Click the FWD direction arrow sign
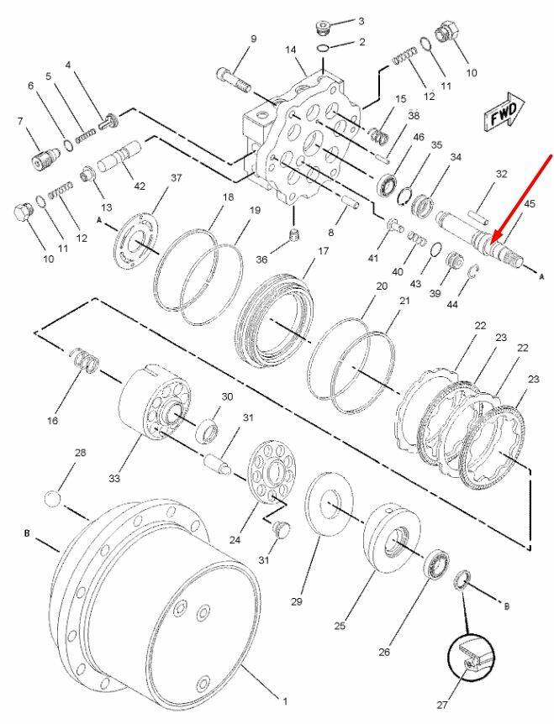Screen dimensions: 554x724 [504, 113]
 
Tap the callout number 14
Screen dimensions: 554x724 [290, 50]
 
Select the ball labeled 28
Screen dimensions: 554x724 [53, 500]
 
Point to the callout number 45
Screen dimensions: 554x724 [530, 203]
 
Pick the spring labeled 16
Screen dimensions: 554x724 [85, 359]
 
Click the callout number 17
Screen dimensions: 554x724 [323, 251]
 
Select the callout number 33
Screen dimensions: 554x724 [114, 479]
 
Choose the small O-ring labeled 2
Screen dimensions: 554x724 [324, 48]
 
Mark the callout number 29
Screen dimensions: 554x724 [296, 601]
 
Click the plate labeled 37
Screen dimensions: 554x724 [137, 240]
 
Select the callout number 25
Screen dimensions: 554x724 [340, 626]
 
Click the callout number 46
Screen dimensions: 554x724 [418, 137]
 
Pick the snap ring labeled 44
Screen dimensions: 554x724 [472, 272]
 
